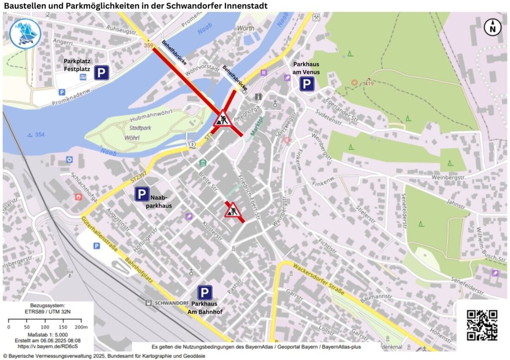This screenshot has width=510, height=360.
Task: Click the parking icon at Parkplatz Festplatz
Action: tap(102, 73)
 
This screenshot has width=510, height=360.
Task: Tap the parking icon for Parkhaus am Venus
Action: tap(306, 84)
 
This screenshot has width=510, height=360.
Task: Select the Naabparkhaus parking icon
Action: tap(142, 194)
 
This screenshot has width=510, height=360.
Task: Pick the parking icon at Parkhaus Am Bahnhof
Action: tap(204, 293)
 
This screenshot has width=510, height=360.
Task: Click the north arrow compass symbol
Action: tap(493, 27)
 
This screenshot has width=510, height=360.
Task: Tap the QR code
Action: tap(482, 325)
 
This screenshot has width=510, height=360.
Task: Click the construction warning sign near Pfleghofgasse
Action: tap(223, 119)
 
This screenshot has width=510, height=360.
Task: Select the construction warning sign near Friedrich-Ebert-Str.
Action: tap(232, 210)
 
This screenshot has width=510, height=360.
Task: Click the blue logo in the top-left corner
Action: tap(25, 34)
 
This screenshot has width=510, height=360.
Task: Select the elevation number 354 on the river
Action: tap(40, 135)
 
